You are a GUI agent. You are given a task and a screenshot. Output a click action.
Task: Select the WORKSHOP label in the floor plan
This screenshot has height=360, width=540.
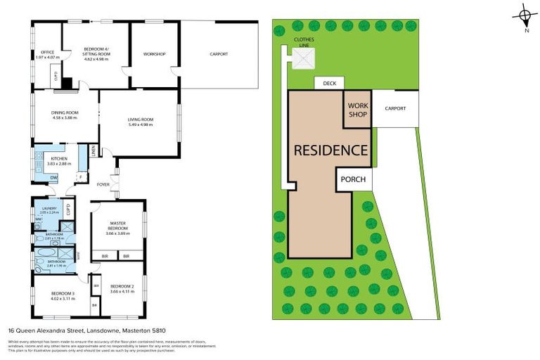pos(154,54)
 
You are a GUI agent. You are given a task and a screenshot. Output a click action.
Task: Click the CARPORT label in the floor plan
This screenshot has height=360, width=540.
pos(219,54)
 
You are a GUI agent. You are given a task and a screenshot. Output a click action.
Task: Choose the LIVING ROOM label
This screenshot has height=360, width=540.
pos(141,121)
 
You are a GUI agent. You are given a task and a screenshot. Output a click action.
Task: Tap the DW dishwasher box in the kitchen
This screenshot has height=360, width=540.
pos(54,177)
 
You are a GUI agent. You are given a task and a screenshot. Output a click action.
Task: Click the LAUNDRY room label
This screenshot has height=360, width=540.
pos(49,209)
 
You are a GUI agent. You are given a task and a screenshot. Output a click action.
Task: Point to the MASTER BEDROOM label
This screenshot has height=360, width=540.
pos(117,228)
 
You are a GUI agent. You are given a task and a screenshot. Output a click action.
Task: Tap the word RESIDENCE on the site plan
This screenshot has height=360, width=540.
pos(330,150)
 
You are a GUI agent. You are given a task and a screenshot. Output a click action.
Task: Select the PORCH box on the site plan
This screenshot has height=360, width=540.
pos(354,179)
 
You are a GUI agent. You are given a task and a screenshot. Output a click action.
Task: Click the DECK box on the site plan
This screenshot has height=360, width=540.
pos(330,84)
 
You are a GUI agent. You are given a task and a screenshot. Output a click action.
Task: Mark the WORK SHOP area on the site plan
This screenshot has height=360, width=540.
pos(358,110)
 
